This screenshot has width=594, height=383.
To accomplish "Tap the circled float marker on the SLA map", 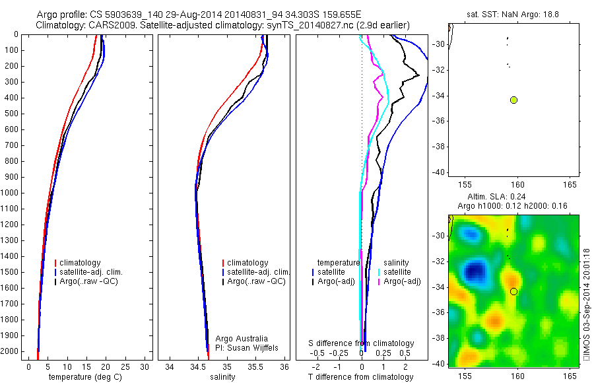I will pos(513,291).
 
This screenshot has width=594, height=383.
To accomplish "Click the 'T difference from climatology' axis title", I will pos(360,377).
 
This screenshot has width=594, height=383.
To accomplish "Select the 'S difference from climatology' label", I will pos(361,343).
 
